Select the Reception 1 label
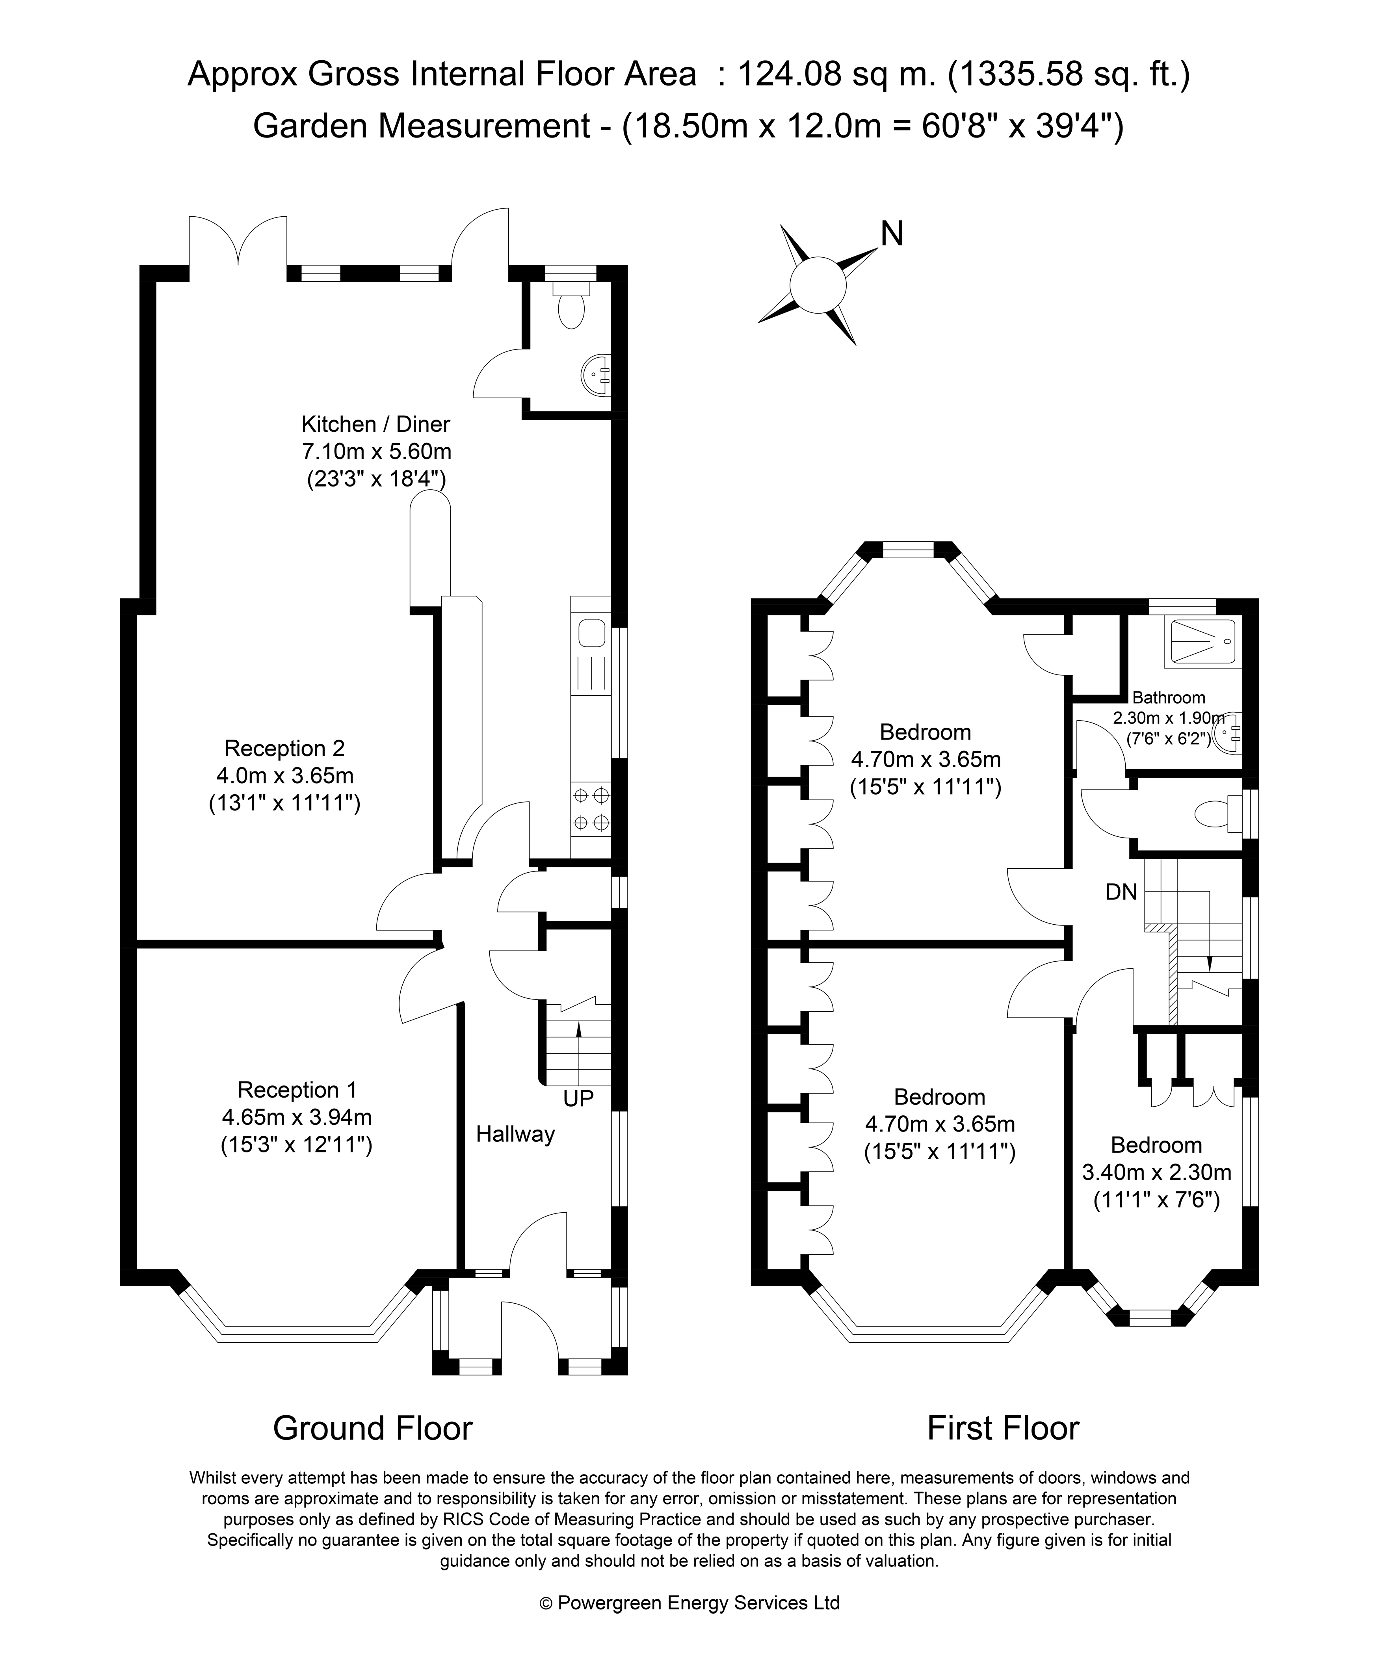(x=297, y=1089)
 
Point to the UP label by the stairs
(x=578, y=1099)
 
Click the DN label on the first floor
(x=1122, y=892)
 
